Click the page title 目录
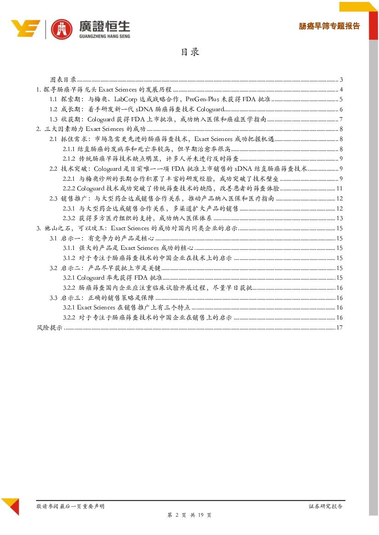190,52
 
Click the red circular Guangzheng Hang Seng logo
61,29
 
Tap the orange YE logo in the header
26,28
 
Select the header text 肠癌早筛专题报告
329,26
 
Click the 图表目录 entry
63,79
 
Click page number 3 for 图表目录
342,79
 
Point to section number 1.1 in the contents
53,99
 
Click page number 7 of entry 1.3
342,119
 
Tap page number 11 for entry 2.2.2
340,189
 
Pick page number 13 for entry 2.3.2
340,218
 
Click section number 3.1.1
69,248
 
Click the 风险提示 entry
49,327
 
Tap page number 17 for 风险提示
340,327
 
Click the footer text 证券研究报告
325,506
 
